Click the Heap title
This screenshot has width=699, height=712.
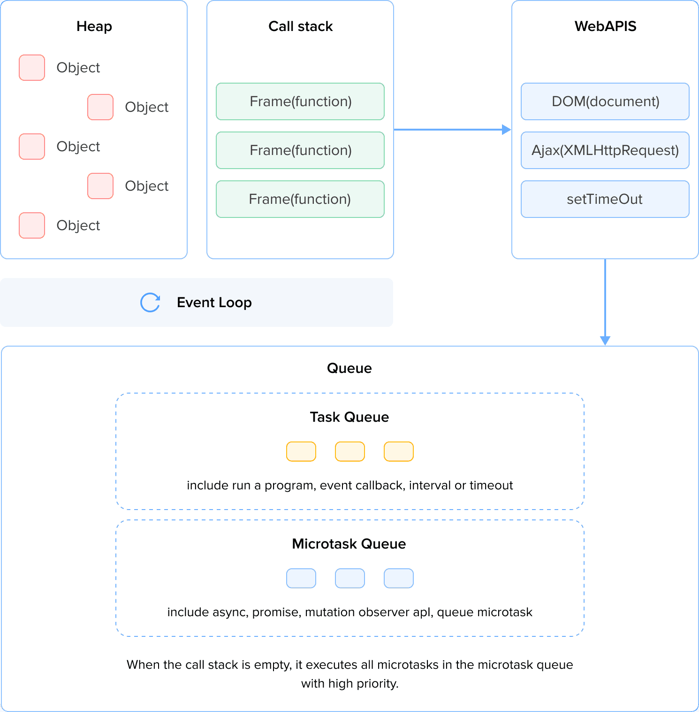click(94, 26)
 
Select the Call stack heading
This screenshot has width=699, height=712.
click(300, 26)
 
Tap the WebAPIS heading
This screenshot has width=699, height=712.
click(605, 26)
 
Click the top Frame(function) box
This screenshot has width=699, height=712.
click(300, 101)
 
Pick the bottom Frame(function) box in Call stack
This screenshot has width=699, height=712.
click(300, 199)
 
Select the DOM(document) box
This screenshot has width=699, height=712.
click(605, 101)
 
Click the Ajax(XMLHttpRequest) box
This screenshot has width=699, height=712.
click(605, 150)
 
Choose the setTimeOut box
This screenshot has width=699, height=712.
click(605, 199)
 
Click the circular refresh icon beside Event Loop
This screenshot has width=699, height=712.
click(150, 302)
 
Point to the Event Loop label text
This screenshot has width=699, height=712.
click(214, 302)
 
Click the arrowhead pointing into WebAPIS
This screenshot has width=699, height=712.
click(506, 130)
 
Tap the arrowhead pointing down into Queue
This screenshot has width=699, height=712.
click(605, 341)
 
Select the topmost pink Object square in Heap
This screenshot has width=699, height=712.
click(32, 68)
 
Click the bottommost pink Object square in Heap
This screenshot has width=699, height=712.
click(32, 225)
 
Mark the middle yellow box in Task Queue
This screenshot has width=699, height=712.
click(350, 451)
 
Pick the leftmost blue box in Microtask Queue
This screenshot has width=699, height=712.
click(301, 578)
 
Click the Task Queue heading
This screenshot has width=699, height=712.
click(349, 417)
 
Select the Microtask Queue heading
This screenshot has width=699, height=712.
click(349, 544)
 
